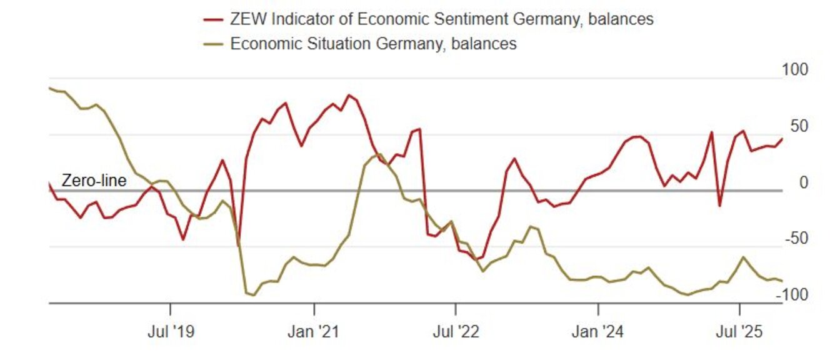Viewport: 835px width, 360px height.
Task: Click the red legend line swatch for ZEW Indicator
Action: point(213,20)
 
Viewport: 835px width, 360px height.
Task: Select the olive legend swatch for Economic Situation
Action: point(213,44)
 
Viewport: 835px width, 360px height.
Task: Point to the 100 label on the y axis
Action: point(795,70)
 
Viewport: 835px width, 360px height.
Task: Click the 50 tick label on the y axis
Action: point(799,126)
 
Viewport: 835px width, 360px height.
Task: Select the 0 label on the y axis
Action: point(804,182)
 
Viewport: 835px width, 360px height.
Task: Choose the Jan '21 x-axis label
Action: point(314,331)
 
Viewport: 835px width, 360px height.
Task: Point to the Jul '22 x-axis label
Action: point(456,331)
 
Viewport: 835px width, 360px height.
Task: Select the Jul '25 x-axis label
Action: point(740,331)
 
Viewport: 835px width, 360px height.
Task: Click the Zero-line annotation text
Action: point(94,181)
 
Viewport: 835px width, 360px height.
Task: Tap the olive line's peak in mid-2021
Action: point(379,154)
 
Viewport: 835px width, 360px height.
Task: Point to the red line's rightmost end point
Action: point(782,139)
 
